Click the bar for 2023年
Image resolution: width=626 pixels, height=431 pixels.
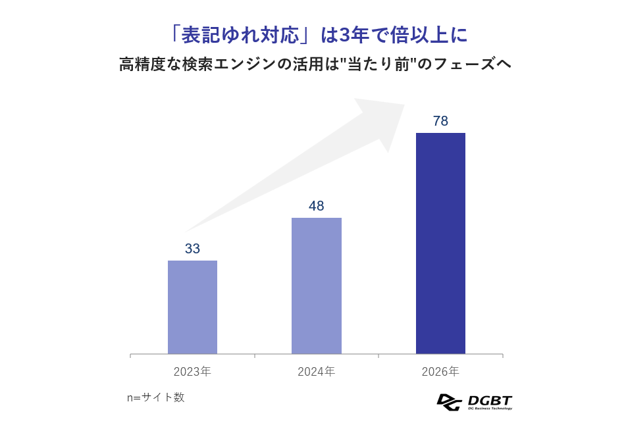click(x=192, y=307)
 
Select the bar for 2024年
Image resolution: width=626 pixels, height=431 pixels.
click(x=316, y=286)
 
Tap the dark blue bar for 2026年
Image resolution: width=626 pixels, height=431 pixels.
click(x=440, y=243)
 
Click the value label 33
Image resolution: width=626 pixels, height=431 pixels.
click(x=192, y=249)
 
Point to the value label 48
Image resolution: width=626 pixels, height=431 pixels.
click(x=316, y=206)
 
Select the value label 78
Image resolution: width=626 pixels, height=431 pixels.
click(x=440, y=121)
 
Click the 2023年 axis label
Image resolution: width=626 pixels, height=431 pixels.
click(x=192, y=372)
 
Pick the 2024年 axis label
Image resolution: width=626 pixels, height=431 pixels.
click(x=316, y=372)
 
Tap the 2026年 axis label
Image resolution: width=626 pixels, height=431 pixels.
click(x=440, y=372)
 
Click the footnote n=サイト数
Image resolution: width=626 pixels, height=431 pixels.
click(x=155, y=397)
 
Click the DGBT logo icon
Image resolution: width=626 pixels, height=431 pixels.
click(x=449, y=401)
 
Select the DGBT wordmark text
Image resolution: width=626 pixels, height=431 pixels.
click(x=489, y=399)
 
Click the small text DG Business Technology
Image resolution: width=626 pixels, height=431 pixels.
click(x=489, y=409)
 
